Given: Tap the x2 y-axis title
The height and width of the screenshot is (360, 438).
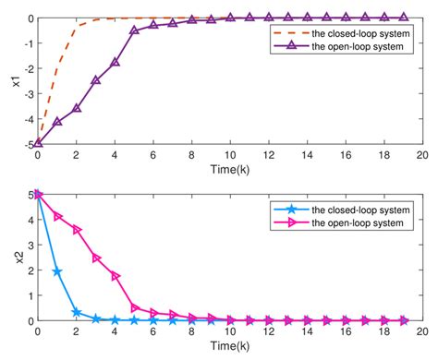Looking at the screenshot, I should pyautogui.click(x=12, y=258).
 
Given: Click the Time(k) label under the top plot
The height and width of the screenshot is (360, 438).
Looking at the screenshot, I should pyautogui.click(x=229, y=170).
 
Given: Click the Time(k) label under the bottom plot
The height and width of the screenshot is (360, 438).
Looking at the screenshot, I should pyautogui.click(x=229, y=345).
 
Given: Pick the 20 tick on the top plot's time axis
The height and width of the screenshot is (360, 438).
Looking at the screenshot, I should pyautogui.click(x=421, y=155).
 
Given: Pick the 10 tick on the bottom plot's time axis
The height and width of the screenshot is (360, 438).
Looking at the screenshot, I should pyautogui.click(x=229, y=331).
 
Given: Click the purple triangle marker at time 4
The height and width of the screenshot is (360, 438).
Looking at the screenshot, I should pyautogui.click(x=115, y=63).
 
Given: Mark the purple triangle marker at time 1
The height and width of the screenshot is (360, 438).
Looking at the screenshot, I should pyautogui.click(x=57, y=121).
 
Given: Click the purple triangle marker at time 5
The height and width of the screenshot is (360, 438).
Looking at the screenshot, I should pyautogui.click(x=134, y=30).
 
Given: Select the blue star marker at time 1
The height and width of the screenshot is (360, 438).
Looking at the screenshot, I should pyautogui.click(x=57, y=272).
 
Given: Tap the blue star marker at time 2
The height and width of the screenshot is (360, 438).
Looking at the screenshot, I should pyautogui.click(x=77, y=313).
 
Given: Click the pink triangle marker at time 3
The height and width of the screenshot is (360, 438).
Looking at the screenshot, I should pyautogui.click(x=96, y=258).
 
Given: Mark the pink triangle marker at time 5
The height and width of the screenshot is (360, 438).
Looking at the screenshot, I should pyautogui.click(x=134, y=307).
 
